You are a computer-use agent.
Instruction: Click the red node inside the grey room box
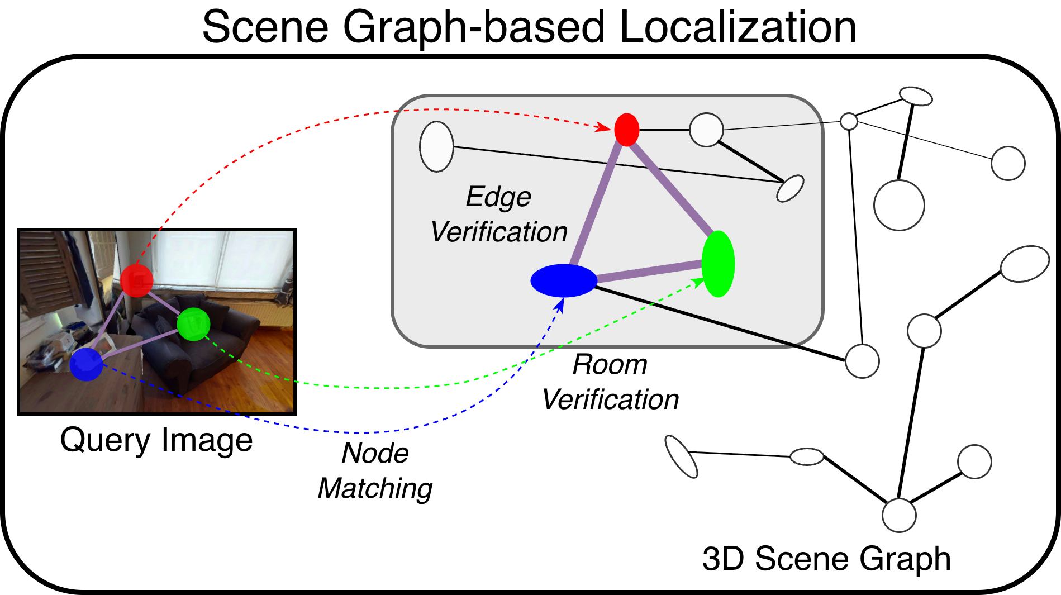pyautogui.click(x=626, y=130)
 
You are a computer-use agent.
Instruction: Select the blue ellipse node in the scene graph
pyautogui.click(x=564, y=280)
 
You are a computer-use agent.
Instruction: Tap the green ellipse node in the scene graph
pyautogui.click(x=718, y=264)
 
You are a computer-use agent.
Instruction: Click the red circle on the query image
pyautogui.click(x=136, y=280)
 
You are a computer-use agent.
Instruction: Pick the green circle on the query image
pyautogui.click(x=193, y=324)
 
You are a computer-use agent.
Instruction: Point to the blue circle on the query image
pyautogui.click(x=86, y=364)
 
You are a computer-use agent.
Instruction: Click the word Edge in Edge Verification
pyautogui.click(x=498, y=197)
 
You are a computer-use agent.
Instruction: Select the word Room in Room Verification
pyautogui.click(x=610, y=365)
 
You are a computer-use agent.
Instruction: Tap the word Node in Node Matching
pyautogui.click(x=375, y=453)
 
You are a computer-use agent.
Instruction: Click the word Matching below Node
pyautogui.click(x=375, y=488)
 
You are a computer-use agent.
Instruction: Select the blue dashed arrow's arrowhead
pyautogui.click(x=560, y=304)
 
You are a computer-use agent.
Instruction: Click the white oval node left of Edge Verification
pyautogui.click(x=436, y=146)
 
